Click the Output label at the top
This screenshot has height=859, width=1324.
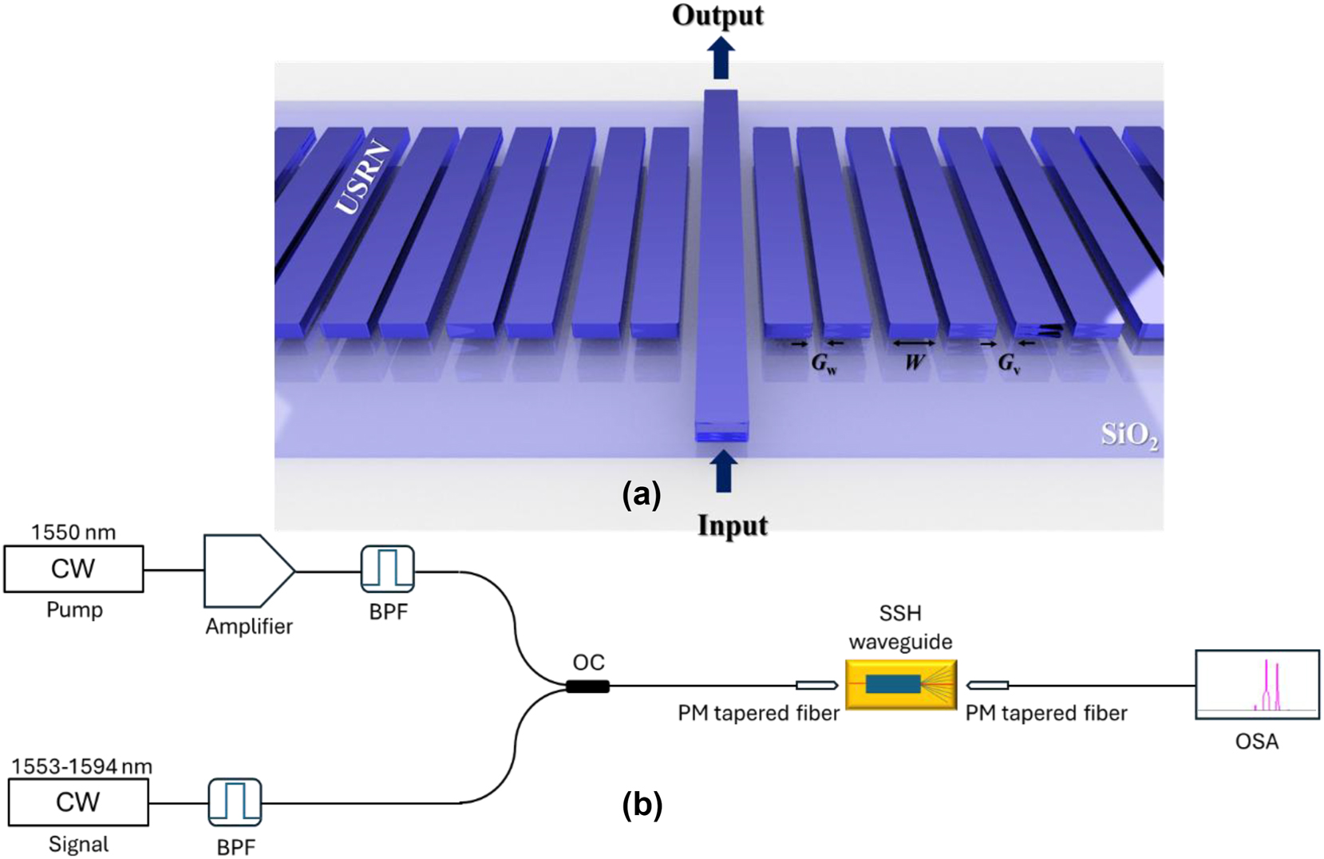click(717, 16)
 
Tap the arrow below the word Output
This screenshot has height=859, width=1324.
click(721, 58)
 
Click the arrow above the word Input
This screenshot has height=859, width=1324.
click(723, 472)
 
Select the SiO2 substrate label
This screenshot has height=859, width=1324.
click(1129, 435)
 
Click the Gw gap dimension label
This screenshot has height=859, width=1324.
click(824, 364)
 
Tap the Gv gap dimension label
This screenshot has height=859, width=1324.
click(1009, 364)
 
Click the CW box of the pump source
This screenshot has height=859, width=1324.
click(73, 568)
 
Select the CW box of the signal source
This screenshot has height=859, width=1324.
click(78, 802)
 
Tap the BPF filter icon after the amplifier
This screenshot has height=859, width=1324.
click(387, 568)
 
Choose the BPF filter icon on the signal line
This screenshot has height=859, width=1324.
click(235, 802)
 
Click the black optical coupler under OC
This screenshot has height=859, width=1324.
click(587, 686)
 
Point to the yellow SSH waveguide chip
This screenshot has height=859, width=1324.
click(900, 684)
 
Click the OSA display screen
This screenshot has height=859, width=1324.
click(1256, 685)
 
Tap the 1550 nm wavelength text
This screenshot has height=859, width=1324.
click(73, 532)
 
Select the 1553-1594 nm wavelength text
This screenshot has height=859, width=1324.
click(81, 766)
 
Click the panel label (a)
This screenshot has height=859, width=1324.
click(642, 496)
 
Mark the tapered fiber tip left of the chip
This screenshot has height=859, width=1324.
click(816, 685)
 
